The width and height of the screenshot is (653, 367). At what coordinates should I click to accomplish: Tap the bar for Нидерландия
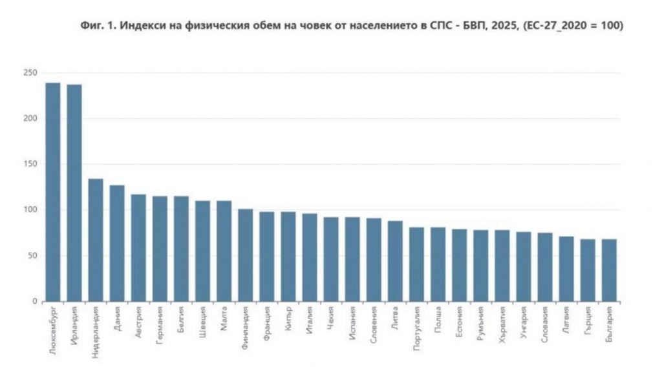(x=96, y=240)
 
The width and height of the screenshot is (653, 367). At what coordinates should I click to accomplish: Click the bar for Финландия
(x=245, y=255)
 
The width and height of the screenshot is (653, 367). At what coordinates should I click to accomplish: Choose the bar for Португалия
(x=416, y=264)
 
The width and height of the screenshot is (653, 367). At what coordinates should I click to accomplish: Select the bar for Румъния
(x=480, y=266)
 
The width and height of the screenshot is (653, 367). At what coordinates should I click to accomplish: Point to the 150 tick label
(x=30, y=164)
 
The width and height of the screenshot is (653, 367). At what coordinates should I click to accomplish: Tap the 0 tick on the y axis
(x=34, y=301)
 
